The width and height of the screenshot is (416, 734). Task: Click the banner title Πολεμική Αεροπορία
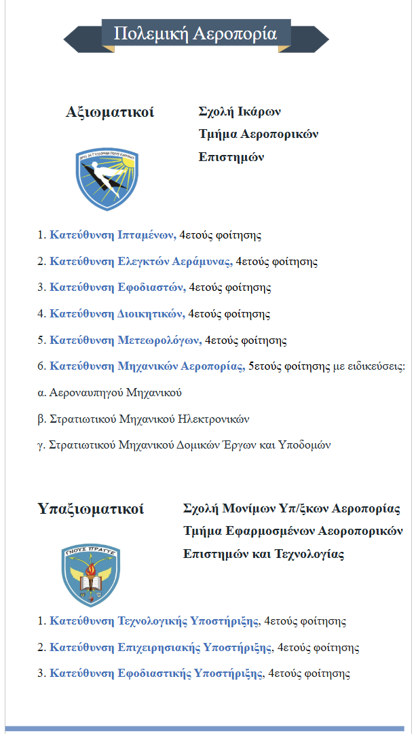(195, 34)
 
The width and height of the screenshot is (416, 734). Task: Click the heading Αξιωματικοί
(110, 112)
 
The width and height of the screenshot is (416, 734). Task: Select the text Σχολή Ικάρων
(240, 111)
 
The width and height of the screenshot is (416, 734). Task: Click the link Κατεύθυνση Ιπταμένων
(113, 236)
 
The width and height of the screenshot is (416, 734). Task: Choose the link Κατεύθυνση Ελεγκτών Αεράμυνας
(141, 262)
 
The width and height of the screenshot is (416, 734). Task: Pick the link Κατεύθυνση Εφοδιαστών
(117, 287)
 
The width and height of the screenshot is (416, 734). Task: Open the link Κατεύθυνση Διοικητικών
(117, 314)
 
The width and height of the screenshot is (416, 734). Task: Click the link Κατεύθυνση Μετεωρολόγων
(126, 340)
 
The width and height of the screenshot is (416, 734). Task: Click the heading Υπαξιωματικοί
(91, 509)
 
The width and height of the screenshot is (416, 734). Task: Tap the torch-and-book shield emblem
(91, 574)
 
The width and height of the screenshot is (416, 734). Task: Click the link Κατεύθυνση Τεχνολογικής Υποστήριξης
(154, 621)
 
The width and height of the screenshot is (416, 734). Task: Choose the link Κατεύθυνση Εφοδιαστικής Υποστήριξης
(156, 674)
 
